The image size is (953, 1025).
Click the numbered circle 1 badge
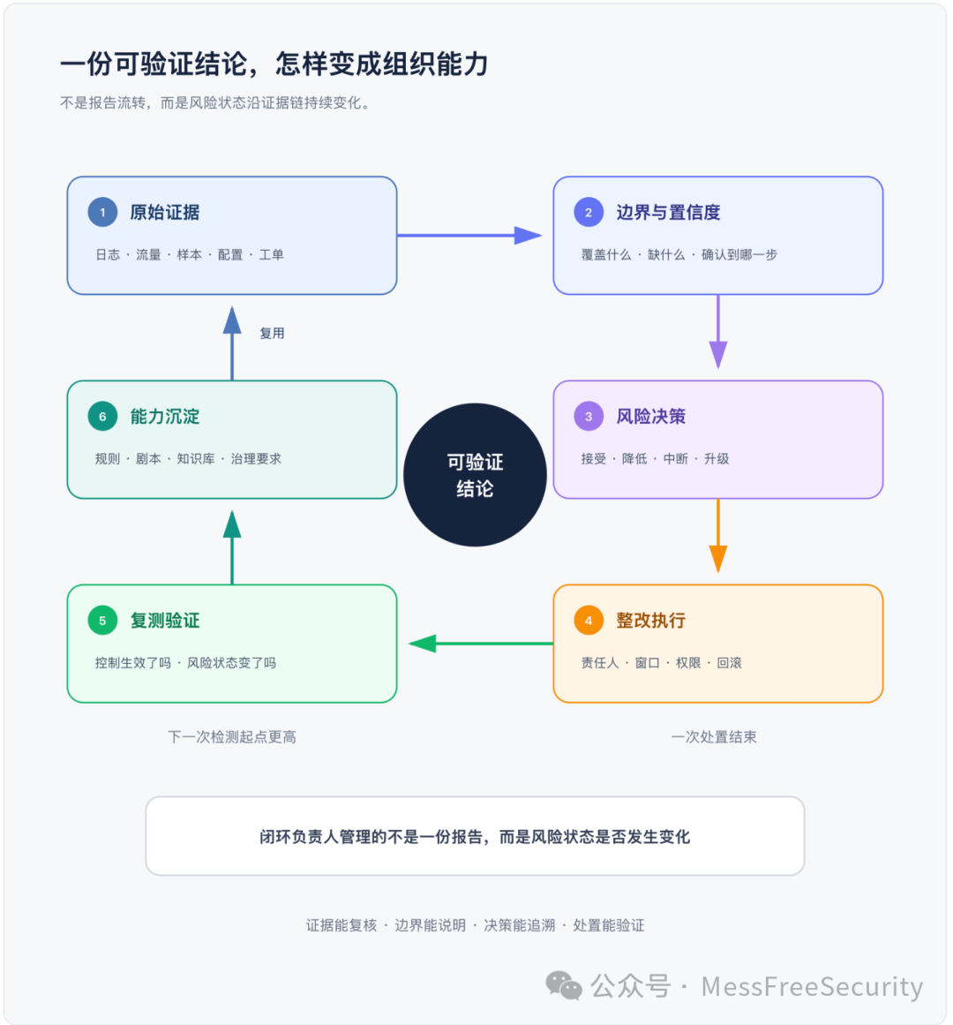[102, 212]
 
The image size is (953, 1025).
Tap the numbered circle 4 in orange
[589, 621]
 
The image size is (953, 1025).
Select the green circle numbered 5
[102, 621]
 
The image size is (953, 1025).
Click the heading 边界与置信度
[668, 213]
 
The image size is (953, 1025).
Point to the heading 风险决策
[651, 417]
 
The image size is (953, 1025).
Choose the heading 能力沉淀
[165, 417]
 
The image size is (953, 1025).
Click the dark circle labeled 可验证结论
[475, 475]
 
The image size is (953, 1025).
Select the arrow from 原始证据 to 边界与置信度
[469, 236]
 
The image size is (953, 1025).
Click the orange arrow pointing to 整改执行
[718, 536]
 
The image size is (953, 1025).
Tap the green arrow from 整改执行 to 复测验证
[481, 644]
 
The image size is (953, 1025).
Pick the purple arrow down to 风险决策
[718, 332]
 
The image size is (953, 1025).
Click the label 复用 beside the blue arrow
[272, 334]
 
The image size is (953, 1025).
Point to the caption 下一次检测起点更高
[232, 737]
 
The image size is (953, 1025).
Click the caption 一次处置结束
[714, 737]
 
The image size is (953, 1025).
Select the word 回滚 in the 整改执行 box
[729, 663]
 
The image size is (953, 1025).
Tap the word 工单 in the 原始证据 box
[271, 255]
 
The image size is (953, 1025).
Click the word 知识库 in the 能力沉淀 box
[195, 459]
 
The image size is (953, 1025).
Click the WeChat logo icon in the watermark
[564, 986]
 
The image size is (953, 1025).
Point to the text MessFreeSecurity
[812, 986]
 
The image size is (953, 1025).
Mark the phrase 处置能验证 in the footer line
[609, 925]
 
